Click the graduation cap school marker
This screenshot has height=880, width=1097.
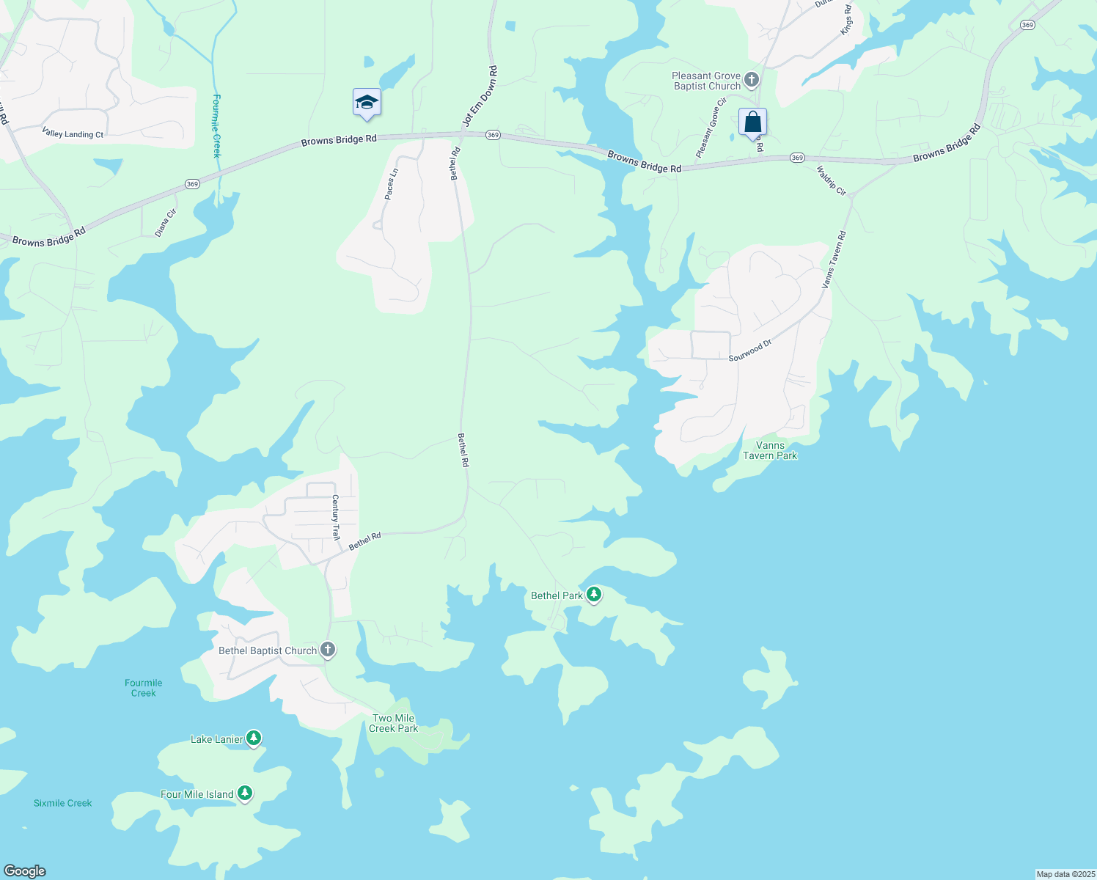(x=367, y=103)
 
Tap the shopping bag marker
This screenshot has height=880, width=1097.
(x=752, y=122)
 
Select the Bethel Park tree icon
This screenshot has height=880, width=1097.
(x=594, y=595)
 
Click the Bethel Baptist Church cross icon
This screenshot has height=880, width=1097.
(x=328, y=650)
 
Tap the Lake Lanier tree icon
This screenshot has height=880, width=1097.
(x=254, y=738)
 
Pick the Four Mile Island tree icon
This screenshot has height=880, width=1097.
(x=245, y=793)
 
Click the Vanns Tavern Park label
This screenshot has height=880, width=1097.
(x=770, y=450)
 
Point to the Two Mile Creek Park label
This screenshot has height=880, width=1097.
(x=394, y=723)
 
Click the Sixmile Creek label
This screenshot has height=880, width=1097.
(x=63, y=803)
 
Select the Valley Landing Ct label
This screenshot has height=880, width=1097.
(x=73, y=134)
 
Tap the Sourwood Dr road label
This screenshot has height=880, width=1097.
(x=750, y=350)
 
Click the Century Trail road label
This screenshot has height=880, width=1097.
(x=336, y=518)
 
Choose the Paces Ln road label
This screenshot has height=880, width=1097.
(x=391, y=184)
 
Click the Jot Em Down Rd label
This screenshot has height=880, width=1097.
(x=480, y=96)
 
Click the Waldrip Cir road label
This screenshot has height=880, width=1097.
(x=831, y=180)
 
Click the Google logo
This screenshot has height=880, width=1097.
(x=25, y=871)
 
